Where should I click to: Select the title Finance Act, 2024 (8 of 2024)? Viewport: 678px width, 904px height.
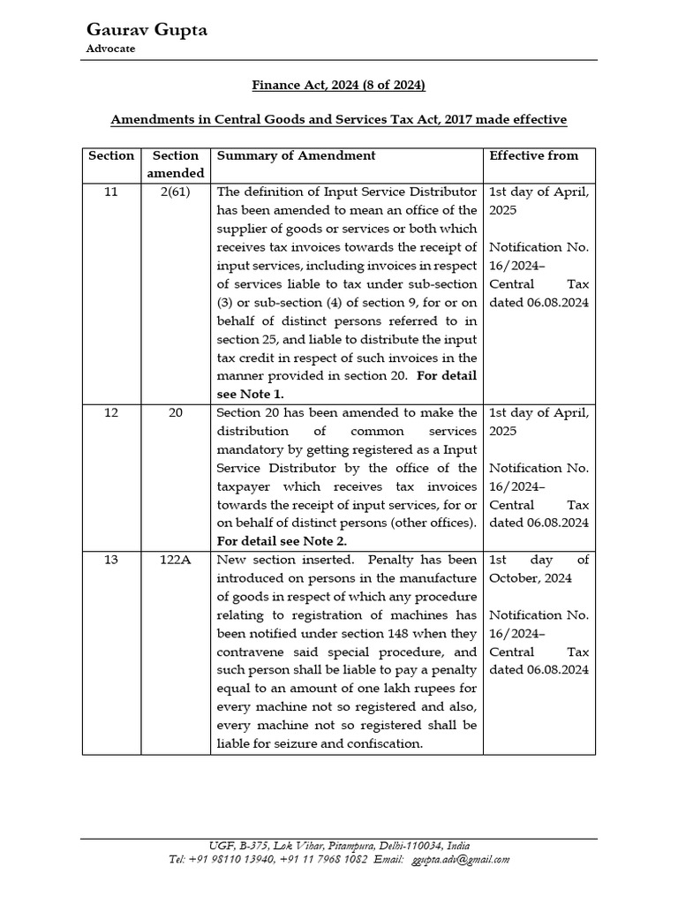tap(339, 85)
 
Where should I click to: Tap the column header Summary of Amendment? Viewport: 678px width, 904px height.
tap(296, 155)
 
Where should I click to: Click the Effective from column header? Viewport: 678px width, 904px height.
tap(534, 155)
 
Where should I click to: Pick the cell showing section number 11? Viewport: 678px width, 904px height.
tap(111, 192)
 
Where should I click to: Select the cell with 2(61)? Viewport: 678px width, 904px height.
tap(175, 192)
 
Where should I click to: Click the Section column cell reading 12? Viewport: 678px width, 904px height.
tap(111, 412)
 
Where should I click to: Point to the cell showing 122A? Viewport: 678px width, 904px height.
tap(175, 560)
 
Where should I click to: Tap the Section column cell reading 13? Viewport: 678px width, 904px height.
tap(111, 560)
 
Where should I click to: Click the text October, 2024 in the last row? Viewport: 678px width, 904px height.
tap(530, 578)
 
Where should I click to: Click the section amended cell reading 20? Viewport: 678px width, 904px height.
tap(175, 412)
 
